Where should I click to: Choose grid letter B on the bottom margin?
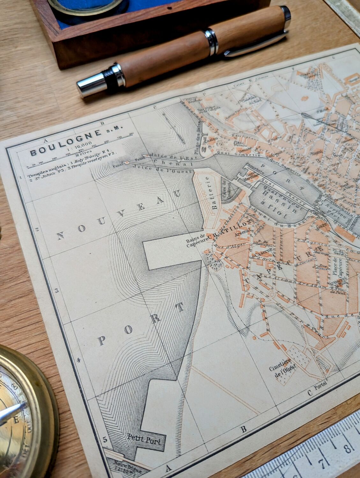(243, 429)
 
